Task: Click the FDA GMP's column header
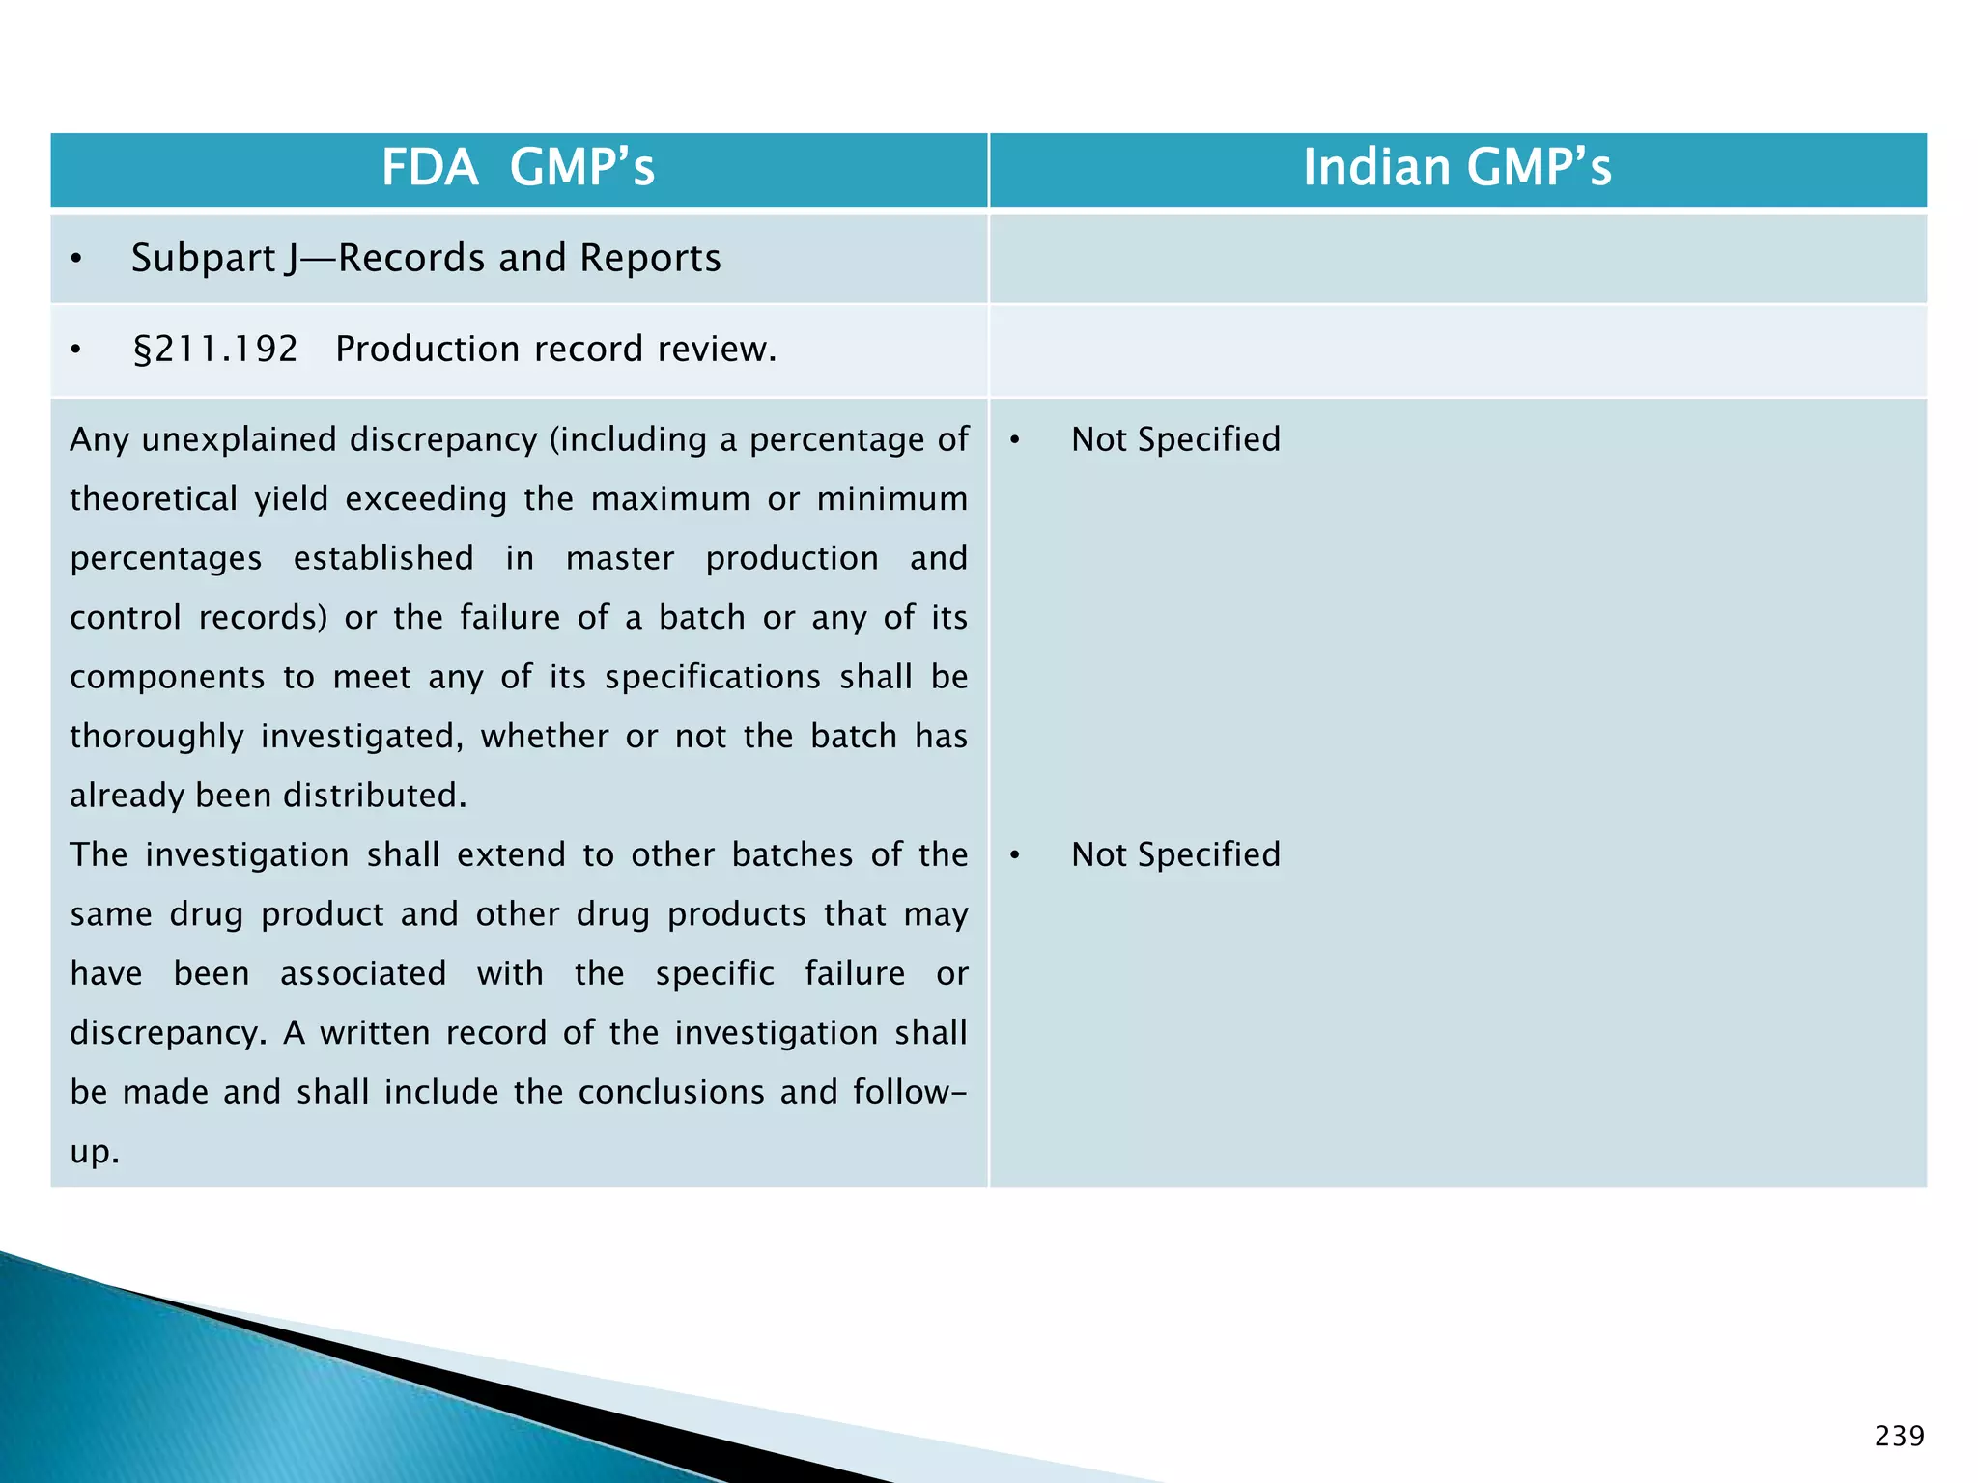tap(518, 167)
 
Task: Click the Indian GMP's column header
tap(1456, 167)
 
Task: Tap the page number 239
tap(1899, 1437)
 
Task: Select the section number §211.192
tap(214, 349)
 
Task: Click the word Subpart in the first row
tap(204, 259)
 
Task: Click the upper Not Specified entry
tap(1174, 439)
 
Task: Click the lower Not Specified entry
tap(1174, 854)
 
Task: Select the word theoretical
tap(153, 499)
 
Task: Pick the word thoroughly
tap(156, 737)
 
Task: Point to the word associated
tap(363, 973)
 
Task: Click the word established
tap(383, 558)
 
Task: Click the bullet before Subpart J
tap(76, 259)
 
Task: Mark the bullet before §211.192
tap(76, 350)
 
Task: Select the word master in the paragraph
tap(620, 558)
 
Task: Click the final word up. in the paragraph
tap(94, 1152)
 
